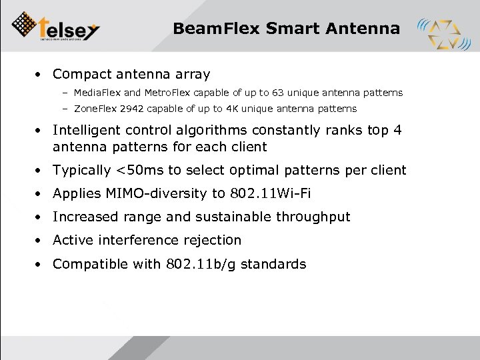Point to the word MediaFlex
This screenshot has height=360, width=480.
coord(97,93)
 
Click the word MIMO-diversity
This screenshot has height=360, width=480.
coord(150,194)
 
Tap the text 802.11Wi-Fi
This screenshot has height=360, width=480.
coord(271,194)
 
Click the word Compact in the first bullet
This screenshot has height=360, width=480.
coord(81,75)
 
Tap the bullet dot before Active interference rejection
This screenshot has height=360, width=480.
coord(41,240)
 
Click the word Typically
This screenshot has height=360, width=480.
coord(81,170)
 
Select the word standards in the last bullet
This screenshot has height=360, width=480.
coord(273,264)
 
